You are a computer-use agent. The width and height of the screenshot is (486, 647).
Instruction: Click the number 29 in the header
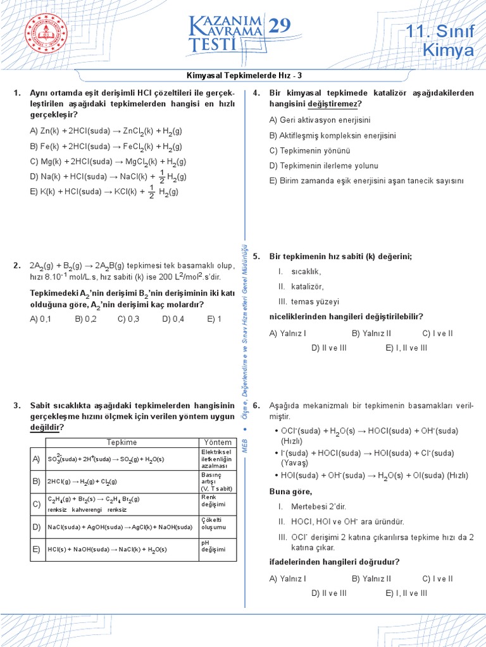click(x=282, y=27)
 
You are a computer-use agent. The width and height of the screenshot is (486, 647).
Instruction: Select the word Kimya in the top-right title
click(x=448, y=51)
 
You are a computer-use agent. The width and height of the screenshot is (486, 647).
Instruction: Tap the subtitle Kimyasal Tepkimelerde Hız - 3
click(x=243, y=75)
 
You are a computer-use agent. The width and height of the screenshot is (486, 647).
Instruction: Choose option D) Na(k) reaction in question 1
click(x=108, y=176)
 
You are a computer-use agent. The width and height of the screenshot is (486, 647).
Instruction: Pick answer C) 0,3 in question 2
click(x=128, y=319)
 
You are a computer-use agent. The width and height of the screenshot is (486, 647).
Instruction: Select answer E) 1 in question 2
click(x=214, y=319)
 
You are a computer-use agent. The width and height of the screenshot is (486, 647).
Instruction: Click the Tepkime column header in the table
click(x=121, y=442)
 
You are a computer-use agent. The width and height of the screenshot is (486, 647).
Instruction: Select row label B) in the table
click(x=36, y=481)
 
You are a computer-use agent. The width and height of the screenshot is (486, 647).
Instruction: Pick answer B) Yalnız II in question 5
click(x=371, y=333)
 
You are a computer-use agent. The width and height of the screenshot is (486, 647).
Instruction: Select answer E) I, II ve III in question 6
click(x=406, y=593)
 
